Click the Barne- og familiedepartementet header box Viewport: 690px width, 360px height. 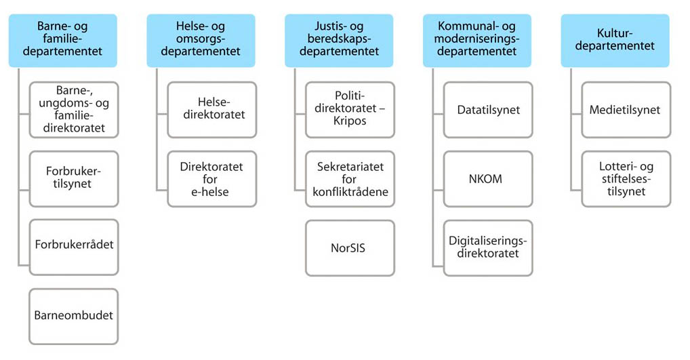pyautogui.click(x=63, y=41)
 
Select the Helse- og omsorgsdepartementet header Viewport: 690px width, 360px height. pyautogui.click(x=201, y=41)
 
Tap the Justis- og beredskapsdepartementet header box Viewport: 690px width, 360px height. pyautogui.click(x=339, y=41)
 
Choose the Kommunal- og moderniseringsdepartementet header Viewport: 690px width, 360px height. pyautogui.click(x=477, y=41)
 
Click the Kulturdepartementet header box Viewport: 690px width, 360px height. pyautogui.click(x=615, y=41)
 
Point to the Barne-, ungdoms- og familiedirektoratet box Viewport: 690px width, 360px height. pyautogui.click(x=74, y=110)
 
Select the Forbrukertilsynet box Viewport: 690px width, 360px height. pyautogui.click(x=74, y=179)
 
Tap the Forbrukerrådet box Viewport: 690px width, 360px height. pyautogui.click(x=74, y=247)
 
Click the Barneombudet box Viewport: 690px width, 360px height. pyautogui.click(x=74, y=317)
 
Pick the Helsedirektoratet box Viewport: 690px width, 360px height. pyautogui.click(x=212, y=110)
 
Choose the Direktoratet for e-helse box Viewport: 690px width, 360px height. pyautogui.click(x=212, y=179)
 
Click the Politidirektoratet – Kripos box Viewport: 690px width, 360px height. pyautogui.click(x=350, y=110)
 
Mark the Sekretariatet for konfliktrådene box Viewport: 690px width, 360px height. pyautogui.click(x=350, y=179)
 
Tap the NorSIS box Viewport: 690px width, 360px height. pyautogui.click(x=350, y=248)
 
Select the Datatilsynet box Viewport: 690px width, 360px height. pyautogui.click(x=489, y=110)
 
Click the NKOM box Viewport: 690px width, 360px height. pyautogui.click(x=489, y=179)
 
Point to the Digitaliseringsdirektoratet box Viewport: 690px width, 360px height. pyautogui.click(x=489, y=248)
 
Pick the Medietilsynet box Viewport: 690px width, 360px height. pyautogui.click(x=626, y=110)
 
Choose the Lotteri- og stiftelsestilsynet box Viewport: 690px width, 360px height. pyautogui.click(x=626, y=179)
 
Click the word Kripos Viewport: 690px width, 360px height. pyautogui.click(x=350, y=121)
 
